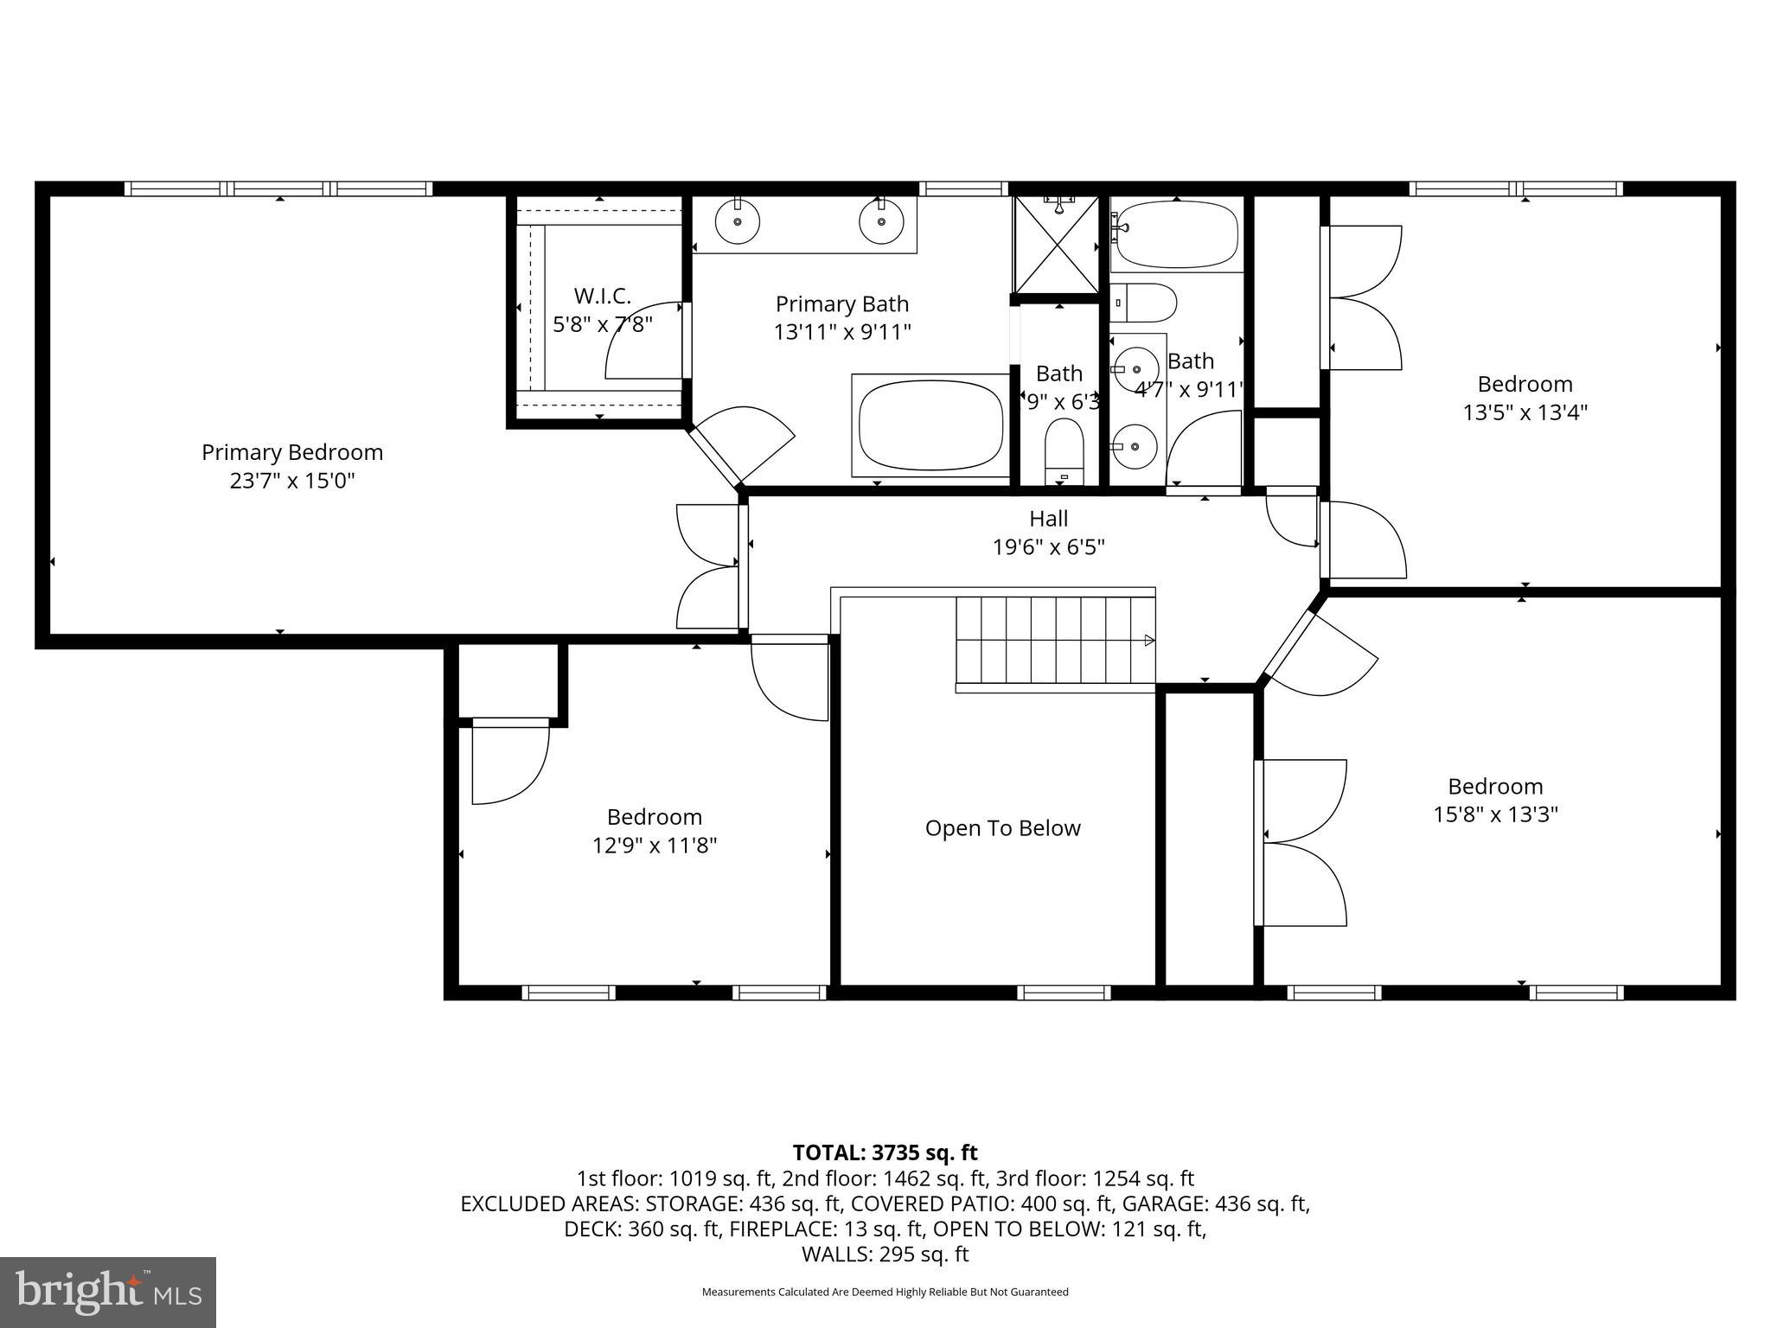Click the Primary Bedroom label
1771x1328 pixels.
292,452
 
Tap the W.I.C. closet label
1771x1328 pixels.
603,297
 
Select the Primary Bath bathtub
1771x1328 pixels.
930,425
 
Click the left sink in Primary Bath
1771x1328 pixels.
738,221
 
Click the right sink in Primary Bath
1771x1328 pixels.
881,221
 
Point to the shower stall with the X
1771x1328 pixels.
1057,245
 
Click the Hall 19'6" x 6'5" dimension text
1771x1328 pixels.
1048,546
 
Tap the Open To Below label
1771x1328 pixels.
1002,828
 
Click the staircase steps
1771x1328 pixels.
1055,641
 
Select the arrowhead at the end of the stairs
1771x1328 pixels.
1149,641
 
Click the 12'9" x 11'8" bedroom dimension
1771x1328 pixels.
655,845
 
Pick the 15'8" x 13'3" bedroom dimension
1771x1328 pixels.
1495,814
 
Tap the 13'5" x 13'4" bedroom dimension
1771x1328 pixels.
1525,412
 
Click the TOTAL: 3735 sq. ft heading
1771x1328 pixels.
885,1152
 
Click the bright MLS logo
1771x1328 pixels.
108,1293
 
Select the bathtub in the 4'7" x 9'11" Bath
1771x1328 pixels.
1176,234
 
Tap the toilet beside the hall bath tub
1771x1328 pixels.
1143,303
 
